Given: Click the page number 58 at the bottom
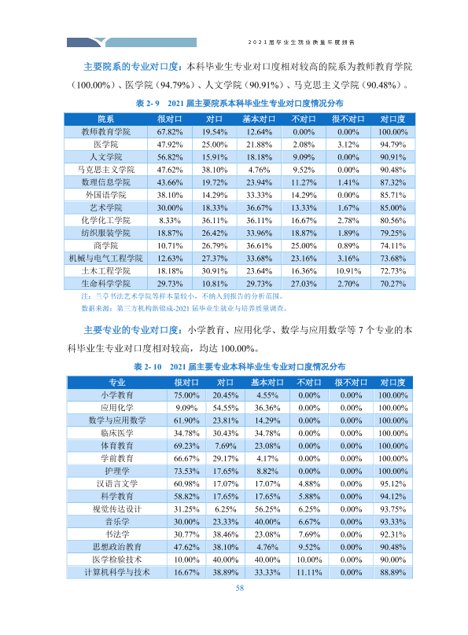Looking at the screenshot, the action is coord(239,588).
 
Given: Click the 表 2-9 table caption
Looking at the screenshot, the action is coord(239,103).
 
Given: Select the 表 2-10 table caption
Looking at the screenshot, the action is coord(239,367).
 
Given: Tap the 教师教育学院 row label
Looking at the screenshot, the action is coord(105,132).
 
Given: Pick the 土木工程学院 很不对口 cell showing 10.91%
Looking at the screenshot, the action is coord(348,271).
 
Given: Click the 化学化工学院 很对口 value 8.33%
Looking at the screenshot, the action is coord(170,220).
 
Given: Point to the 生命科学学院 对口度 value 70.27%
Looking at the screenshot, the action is coord(392,284).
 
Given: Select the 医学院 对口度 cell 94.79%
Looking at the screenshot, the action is coord(392,145).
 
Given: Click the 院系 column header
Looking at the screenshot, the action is coord(105,119).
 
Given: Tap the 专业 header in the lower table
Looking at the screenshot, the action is coord(117,382).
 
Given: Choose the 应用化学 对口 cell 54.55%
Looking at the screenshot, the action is coord(226,408).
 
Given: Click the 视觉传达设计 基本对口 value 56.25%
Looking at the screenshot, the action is coord(267,509).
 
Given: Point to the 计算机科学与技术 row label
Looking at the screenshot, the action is coord(117,572).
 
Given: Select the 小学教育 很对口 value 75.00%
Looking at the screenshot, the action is coord(186,395).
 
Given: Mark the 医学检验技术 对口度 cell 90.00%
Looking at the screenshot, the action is coord(392,560).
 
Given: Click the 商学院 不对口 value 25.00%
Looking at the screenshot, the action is coord(304,246).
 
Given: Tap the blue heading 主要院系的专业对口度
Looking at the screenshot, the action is coord(131,67).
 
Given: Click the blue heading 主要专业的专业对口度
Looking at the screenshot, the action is coord(131,330).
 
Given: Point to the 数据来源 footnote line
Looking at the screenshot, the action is coord(184,309).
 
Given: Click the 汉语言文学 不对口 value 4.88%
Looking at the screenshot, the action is coord(309,484).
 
